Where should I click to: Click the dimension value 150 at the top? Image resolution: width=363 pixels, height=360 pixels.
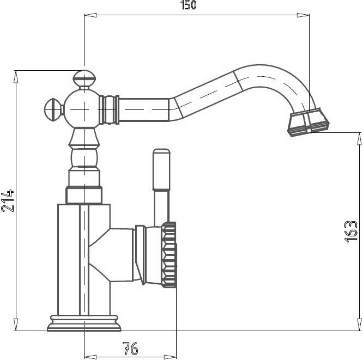189,5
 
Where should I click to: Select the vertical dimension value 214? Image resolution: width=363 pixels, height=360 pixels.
8,201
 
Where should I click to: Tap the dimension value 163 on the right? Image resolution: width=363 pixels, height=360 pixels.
351,231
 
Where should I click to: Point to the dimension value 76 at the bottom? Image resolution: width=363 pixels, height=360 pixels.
130,349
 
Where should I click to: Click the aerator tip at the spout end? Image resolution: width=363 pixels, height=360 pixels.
308,122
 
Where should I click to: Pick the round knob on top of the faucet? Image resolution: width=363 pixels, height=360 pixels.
84,78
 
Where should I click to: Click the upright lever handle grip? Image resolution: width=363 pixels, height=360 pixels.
161,169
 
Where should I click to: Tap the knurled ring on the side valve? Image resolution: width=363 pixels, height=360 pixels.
169,254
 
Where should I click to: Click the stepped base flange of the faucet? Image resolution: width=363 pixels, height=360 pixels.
84,323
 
